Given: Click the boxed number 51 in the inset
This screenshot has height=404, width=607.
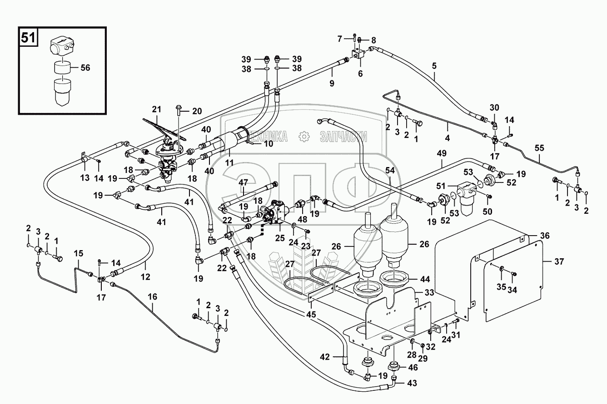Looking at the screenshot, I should coord(28,38).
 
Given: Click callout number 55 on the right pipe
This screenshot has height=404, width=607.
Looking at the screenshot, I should coord(539,148).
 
